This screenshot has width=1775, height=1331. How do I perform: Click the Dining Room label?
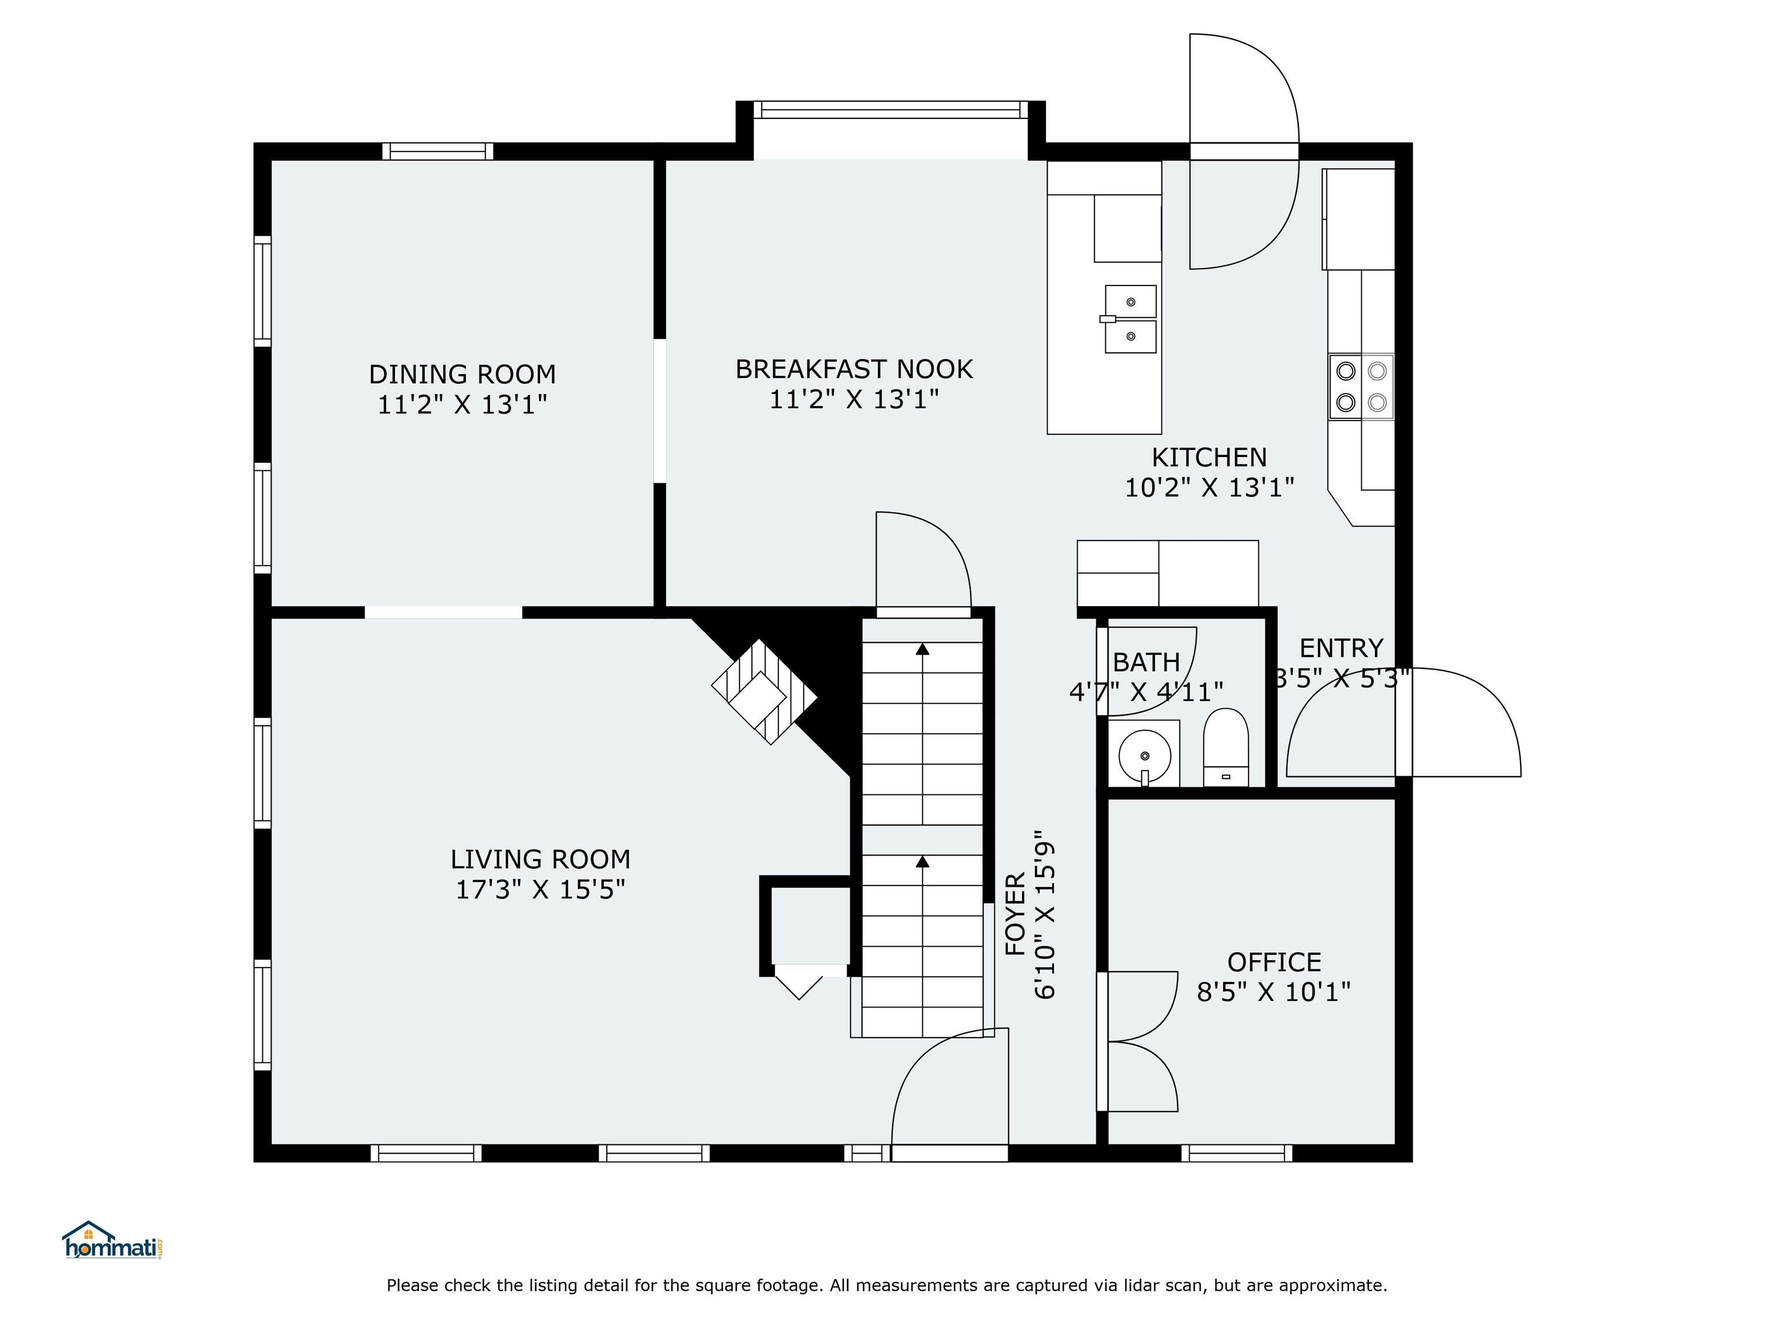(x=462, y=374)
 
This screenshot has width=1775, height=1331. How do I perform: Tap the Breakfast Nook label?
(x=854, y=369)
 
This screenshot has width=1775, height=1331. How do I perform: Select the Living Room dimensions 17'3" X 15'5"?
(x=540, y=890)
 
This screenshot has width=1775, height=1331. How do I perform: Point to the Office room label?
(x=1274, y=962)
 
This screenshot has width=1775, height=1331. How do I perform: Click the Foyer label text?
(x=1015, y=914)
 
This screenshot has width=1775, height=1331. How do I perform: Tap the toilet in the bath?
(x=1226, y=747)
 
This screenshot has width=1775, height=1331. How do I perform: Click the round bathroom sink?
(x=1144, y=756)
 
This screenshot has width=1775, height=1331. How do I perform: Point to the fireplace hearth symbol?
(x=764, y=691)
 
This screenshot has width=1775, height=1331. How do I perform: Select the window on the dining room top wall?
(x=437, y=151)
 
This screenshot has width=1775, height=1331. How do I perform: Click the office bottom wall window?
(x=1236, y=1154)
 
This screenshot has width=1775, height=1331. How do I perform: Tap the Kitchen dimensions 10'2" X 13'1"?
(x=1209, y=488)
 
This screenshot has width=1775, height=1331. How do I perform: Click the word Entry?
(x=1341, y=648)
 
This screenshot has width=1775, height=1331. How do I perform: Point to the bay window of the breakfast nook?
(x=891, y=110)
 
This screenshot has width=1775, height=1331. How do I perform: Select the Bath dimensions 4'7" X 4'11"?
(x=1146, y=691)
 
